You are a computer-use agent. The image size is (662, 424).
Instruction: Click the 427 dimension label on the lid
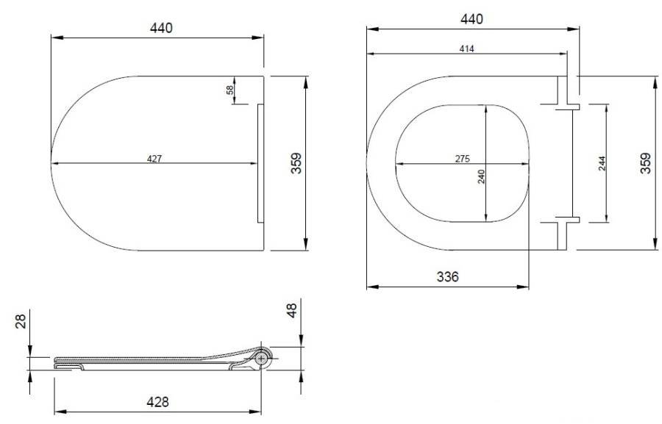[x=154, y=159]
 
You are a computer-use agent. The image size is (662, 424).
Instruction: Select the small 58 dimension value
[x=229, y=90]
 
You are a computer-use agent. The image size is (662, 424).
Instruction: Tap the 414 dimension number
[x=466, y=49]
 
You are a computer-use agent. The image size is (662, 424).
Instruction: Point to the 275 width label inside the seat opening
[x=463, y=159]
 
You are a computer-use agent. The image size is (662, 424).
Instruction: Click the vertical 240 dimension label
[x=481, y=176]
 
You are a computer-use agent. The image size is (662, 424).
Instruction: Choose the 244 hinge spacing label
[x=602, y=164]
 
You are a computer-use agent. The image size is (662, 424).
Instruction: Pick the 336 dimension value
[x=447, y=277]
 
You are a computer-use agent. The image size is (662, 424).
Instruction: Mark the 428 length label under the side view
[x=157, y=402]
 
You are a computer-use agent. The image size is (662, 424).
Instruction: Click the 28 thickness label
[x=21, y=320]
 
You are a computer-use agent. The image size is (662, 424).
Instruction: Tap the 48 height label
[x=292, y=310]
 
